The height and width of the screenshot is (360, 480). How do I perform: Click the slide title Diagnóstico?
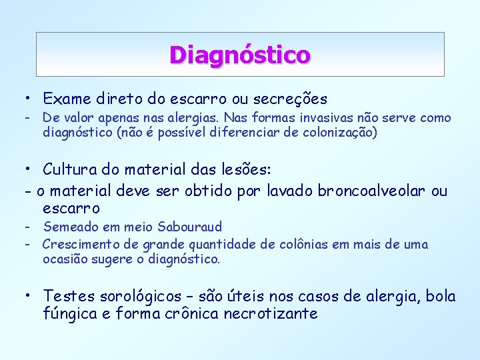(x=239, y=54)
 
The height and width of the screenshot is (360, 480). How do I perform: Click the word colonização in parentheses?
(x=339, y=132)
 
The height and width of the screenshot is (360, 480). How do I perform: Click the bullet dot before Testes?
(x=25, y=295)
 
